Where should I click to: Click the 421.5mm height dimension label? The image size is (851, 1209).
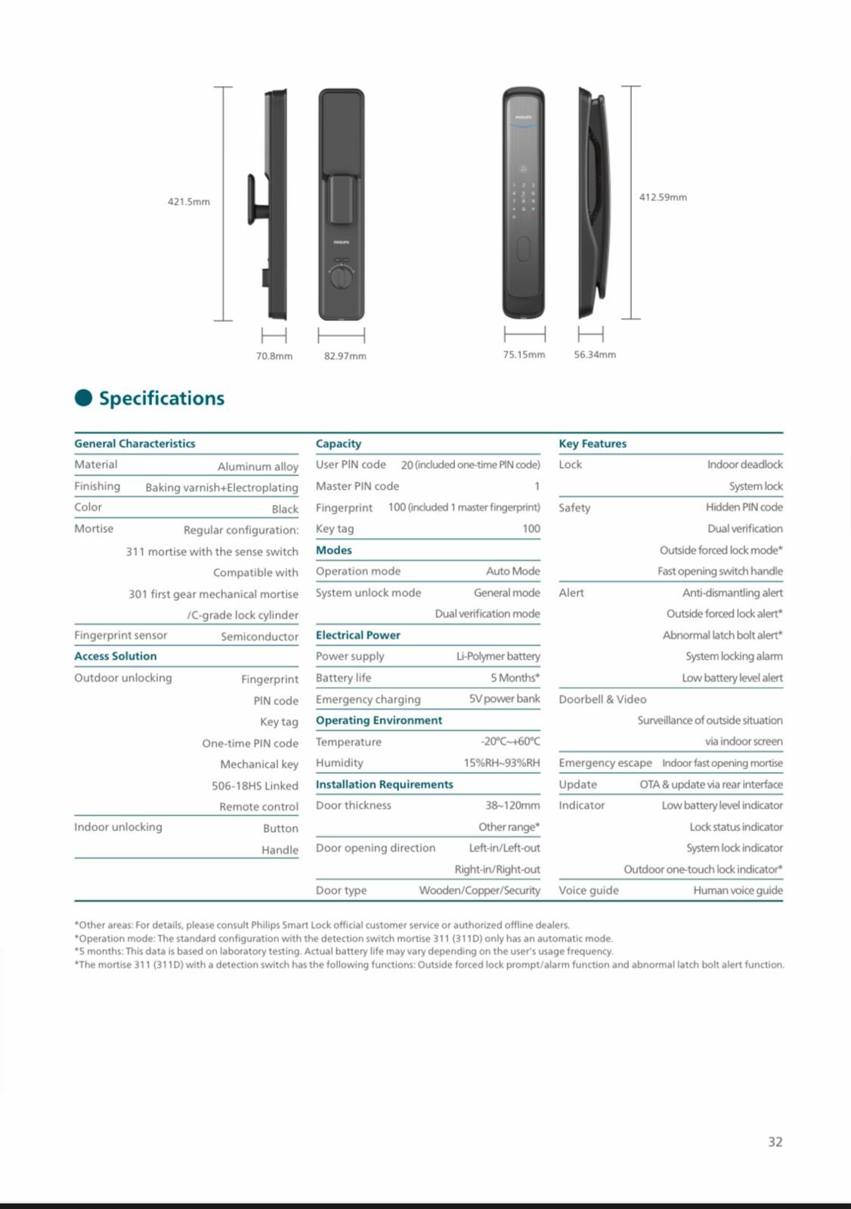coord(189,202)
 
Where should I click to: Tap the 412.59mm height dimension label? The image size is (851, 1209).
coord(663,197)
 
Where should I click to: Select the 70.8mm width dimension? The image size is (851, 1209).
coord(274,356)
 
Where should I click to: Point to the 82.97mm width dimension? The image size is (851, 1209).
coord(345,356)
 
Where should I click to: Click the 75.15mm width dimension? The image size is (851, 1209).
coord(524,354)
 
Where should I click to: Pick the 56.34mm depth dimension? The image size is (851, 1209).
coord(595,354)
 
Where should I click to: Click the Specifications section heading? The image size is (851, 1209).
coord(162,398)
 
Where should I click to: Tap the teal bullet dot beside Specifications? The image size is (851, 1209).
coord(83,398)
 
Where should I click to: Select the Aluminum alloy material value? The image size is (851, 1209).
coord(258,467)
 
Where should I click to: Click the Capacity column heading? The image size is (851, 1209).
coord(339,444)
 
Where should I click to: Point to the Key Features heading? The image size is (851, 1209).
coord(593,444)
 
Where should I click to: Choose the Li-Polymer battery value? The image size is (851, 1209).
coord(498,656)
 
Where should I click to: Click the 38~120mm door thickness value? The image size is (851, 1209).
coord(512,805)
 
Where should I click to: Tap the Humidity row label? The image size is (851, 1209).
coord(339,762)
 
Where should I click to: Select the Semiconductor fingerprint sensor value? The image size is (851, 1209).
coord(259,636)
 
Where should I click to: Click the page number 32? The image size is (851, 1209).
coord(775,1142)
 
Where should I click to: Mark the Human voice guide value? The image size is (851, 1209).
coord(738,890)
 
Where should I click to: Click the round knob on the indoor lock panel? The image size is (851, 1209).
coord(341,277)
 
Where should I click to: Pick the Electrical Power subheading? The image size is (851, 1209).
coord(358,635)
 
